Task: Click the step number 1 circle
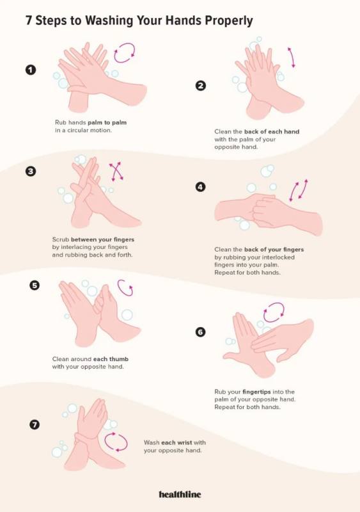pos(31,70)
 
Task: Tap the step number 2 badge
pos(200,86)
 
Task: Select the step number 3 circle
pos(31,171)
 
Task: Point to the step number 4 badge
pos(200,187)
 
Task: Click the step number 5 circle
pos(35,285)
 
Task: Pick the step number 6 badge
pos(200,332)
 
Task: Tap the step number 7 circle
pos(35,424)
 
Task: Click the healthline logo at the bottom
pos(180,494)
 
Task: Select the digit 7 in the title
pos(29,20)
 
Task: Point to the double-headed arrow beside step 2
pos(291,57)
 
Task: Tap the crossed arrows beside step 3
pos(116,171)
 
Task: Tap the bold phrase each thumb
pos(111,359)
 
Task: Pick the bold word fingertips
pos(256,392)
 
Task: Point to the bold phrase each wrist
pos(176,442)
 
